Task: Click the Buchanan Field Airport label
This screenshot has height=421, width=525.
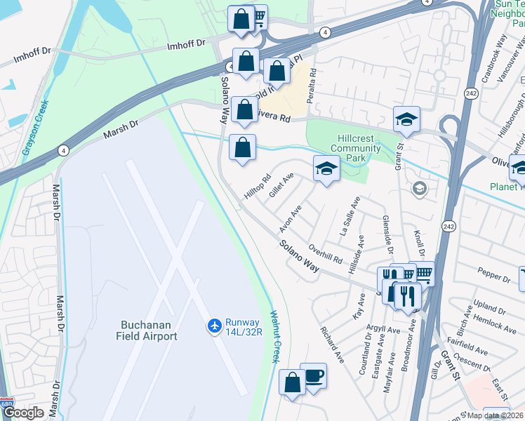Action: (148, 330)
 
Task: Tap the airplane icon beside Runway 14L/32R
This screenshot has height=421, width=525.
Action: (214, 326)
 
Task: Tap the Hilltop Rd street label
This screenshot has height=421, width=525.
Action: (257, 189)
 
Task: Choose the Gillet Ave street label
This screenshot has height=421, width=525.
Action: (281, 188)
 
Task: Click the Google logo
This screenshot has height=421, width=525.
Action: (23, 413)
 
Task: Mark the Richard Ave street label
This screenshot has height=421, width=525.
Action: (333, 344)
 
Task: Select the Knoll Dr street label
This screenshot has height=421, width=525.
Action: (421, 242)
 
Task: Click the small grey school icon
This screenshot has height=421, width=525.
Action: (420, 187)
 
